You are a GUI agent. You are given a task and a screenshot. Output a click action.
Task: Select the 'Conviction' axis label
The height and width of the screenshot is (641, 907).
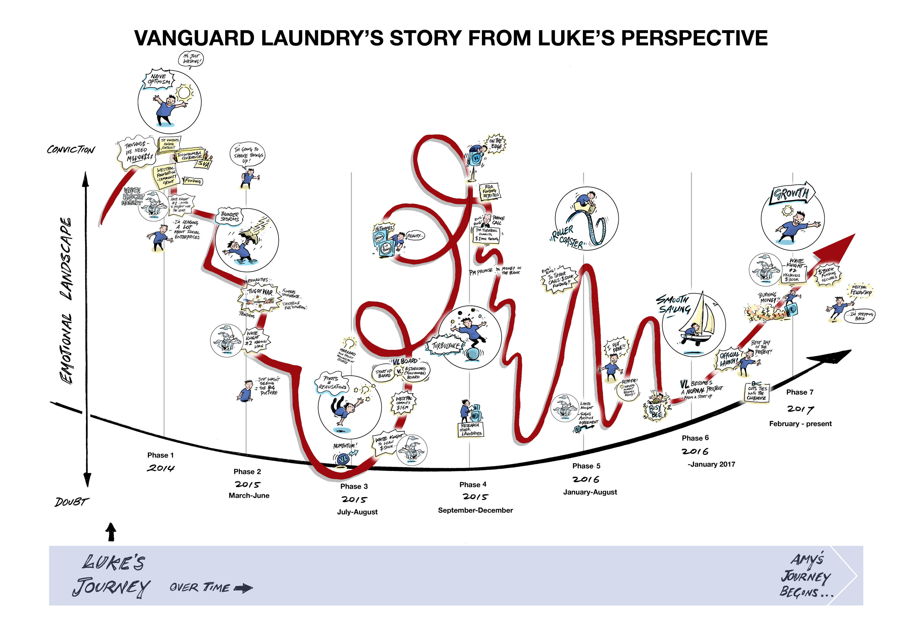[x=71, y=150]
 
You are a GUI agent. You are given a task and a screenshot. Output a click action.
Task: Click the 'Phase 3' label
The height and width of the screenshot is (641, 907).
[x=354, y=486]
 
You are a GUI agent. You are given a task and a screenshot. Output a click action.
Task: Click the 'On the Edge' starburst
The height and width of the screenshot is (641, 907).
[x=495, y=143]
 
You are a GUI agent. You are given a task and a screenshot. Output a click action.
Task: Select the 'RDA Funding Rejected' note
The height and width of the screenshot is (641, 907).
[x=490, y=191]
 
